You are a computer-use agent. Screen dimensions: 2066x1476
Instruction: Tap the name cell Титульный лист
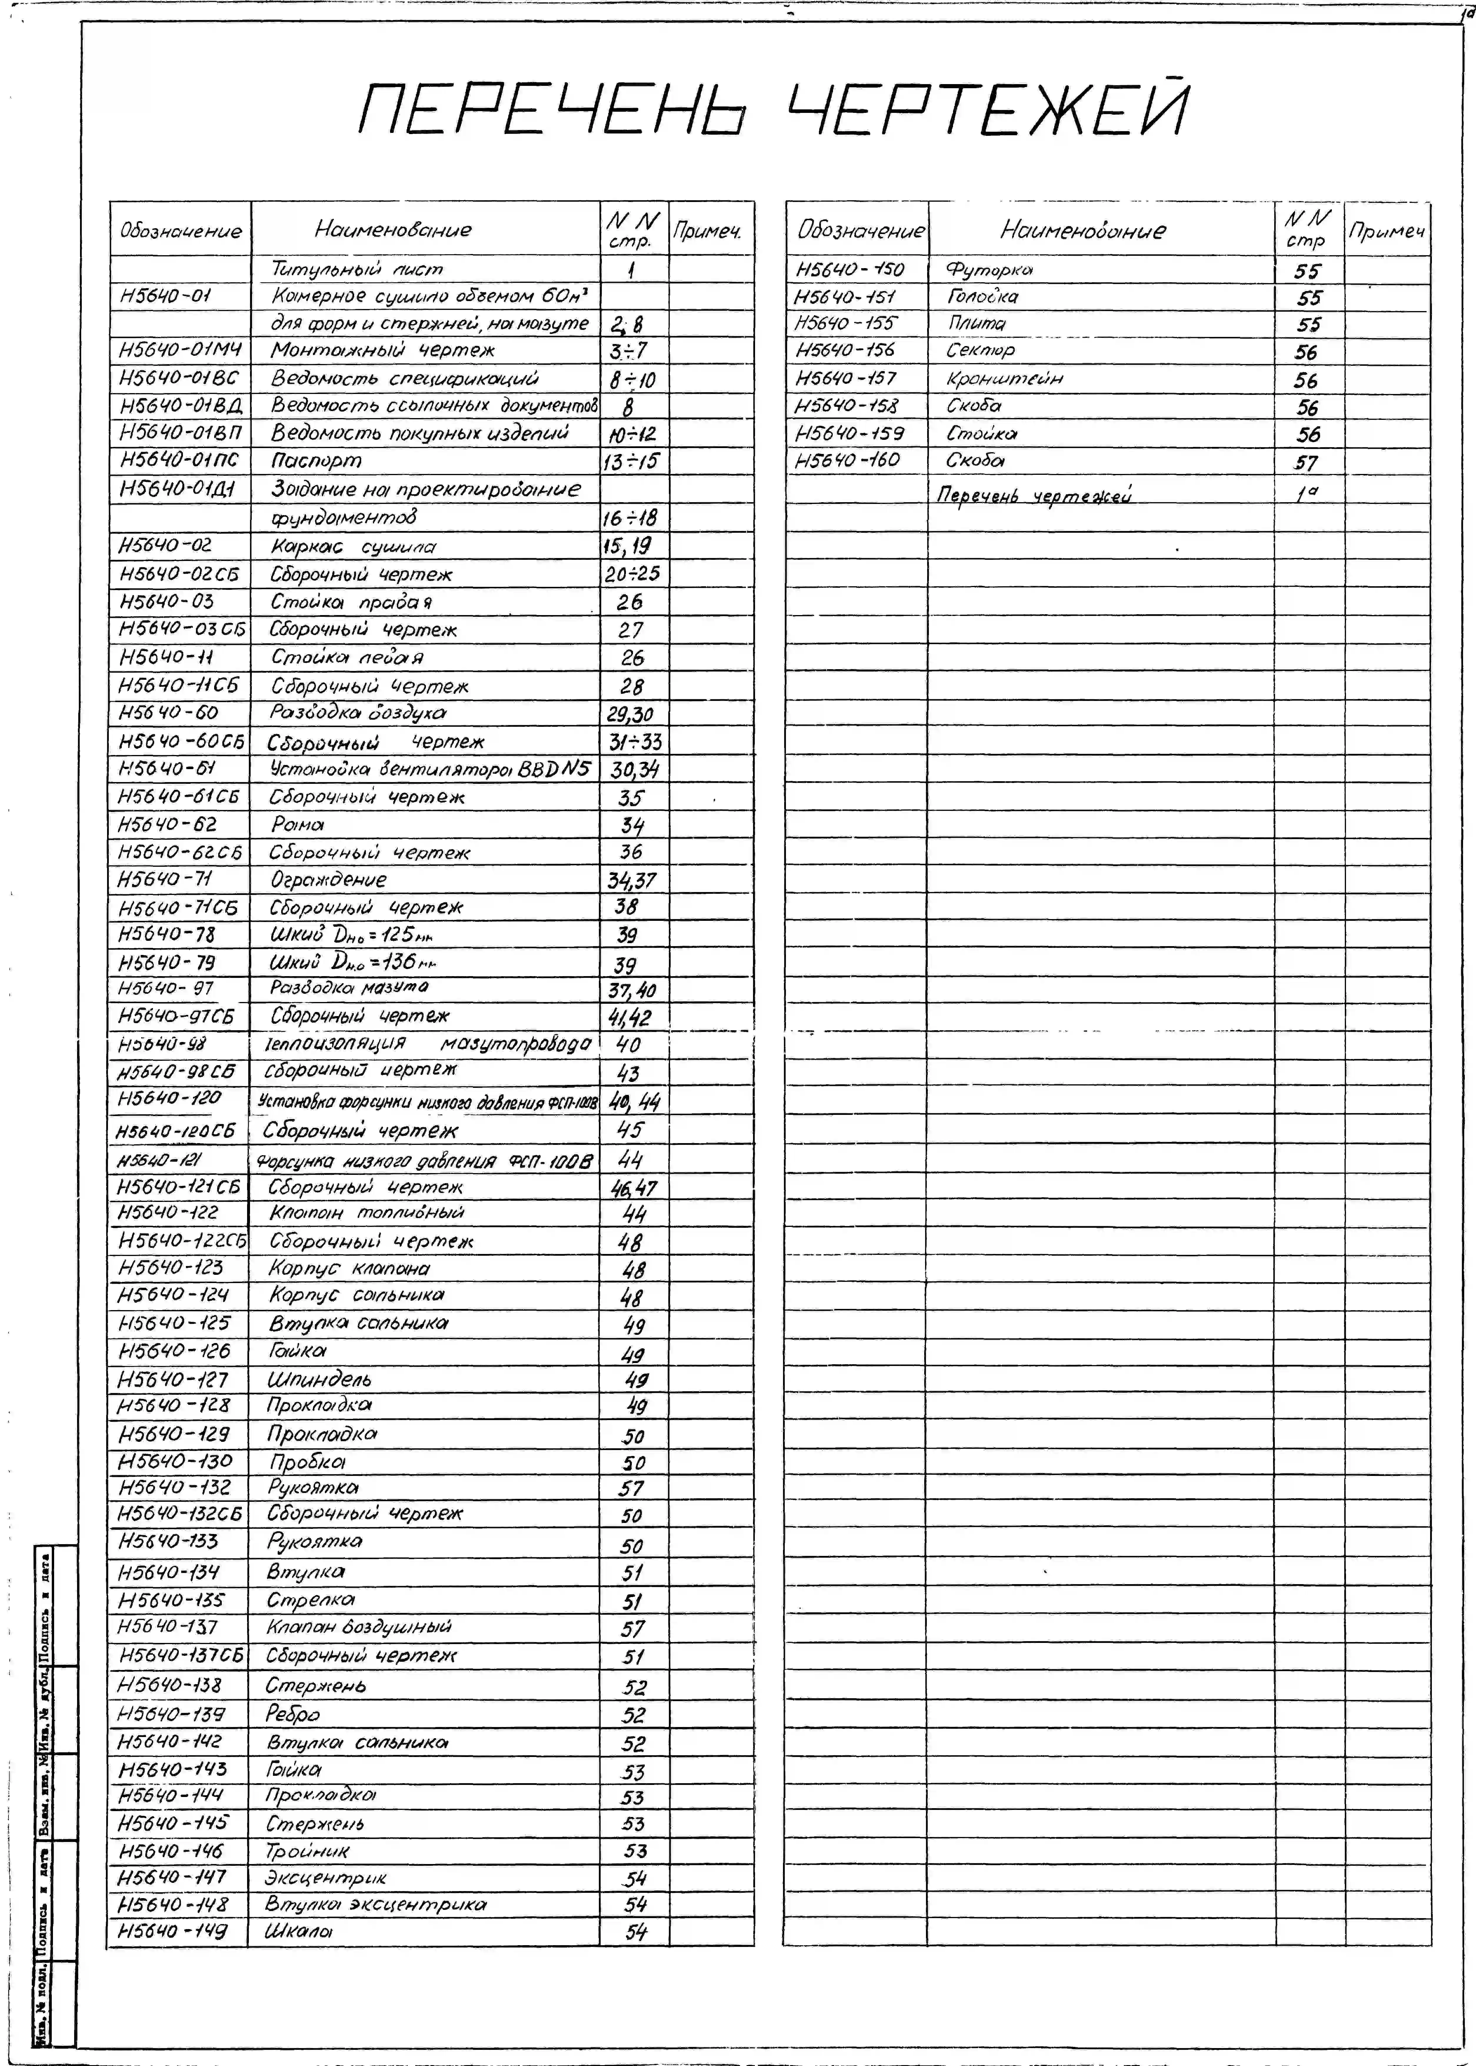pyautogui.click(x=357, y=269)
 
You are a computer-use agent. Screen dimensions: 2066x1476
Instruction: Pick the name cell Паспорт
pyautogui.click(x=316, y=462)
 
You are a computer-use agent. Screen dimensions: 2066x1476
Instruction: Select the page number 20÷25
pyautogui.click(x=633, y=574)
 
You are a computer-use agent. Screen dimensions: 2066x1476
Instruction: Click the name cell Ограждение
pyautogui.click(x=328, y=879)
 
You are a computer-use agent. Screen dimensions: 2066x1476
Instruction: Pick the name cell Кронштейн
pyautogui.click(x=1004, y=379)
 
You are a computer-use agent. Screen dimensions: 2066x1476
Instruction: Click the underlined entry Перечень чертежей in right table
pyautogui.click(x=1034, y=495)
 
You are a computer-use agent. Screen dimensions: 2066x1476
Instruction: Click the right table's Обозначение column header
pyautogui.click(x=860, y=231)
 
